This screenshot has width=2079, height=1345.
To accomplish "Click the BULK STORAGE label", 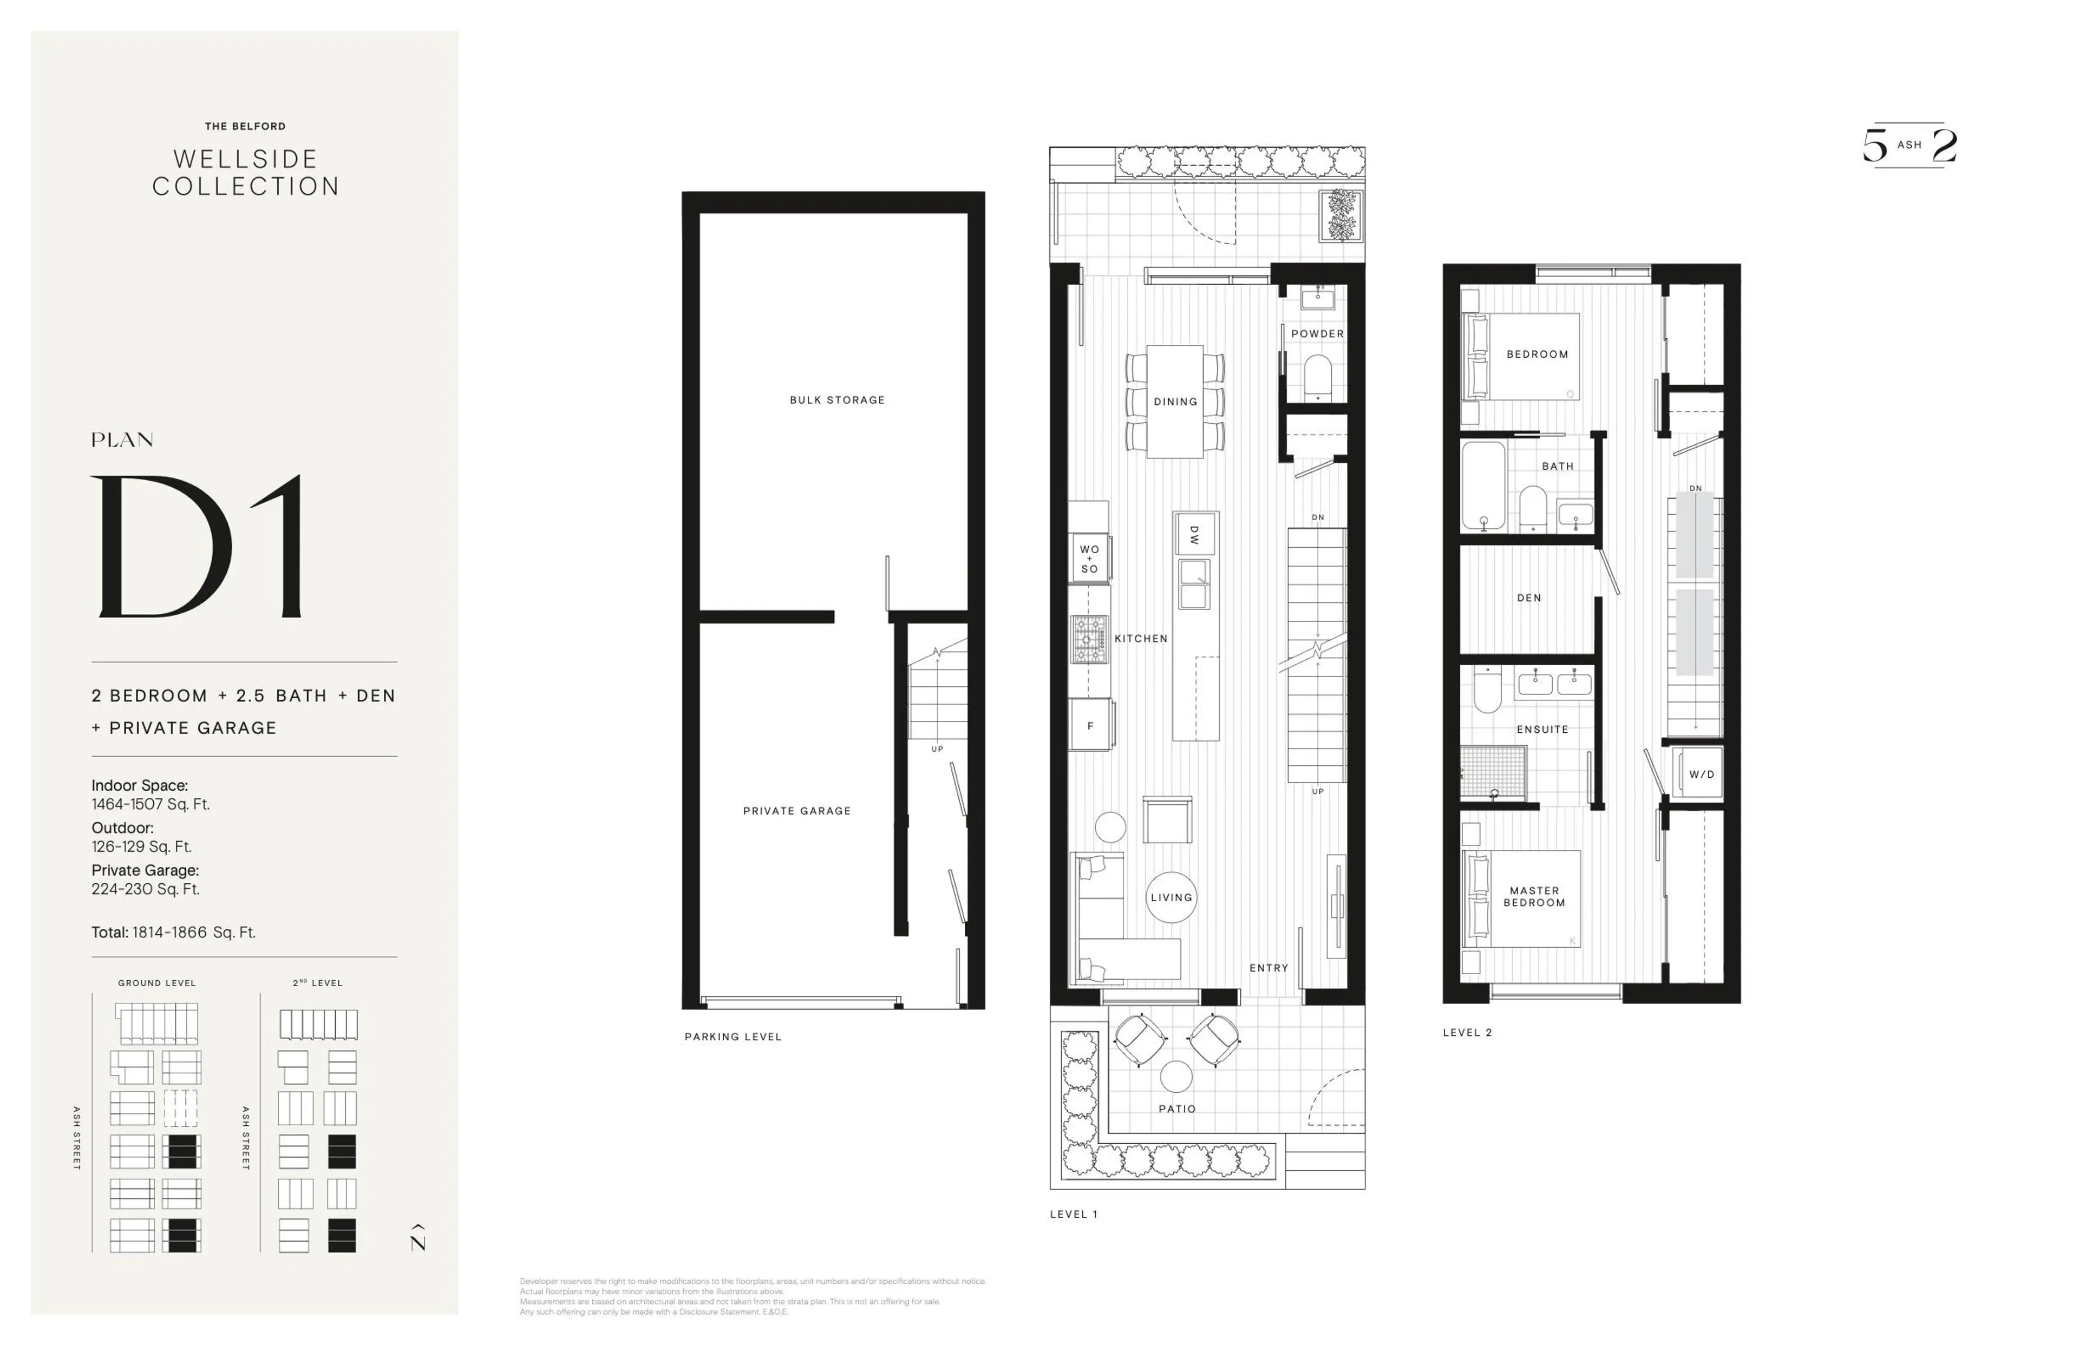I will click(837, 400).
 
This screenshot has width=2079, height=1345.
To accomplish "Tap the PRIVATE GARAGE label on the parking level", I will click(796, 810).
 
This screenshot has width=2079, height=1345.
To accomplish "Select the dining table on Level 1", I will click(1175, 402).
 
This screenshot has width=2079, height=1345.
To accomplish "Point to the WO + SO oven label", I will click(1089, 559).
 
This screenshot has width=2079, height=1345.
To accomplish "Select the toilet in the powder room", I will click(1317, 376).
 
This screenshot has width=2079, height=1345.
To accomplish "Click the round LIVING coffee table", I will click(1171, 897).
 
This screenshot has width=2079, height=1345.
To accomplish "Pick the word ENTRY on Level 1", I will click(1269, 968).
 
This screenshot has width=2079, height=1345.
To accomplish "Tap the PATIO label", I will click(1176, 1108).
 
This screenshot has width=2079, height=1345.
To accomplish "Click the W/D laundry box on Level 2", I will click(1701, 774).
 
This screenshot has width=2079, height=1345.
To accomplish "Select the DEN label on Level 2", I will click(1529, 598).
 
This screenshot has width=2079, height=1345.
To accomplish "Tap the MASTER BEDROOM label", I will click(1534, 897).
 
